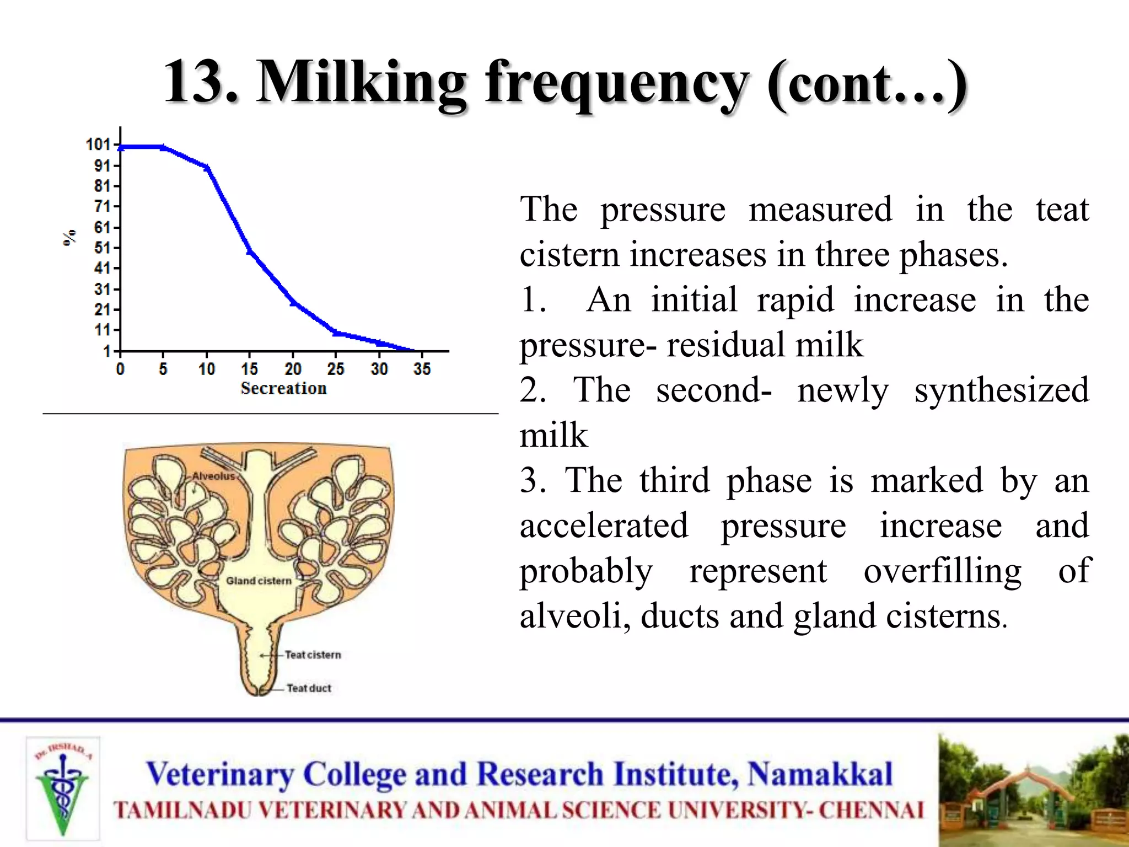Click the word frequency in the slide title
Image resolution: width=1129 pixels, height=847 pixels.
click(x=616, y=83)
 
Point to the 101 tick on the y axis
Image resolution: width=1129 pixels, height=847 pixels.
click(x=99, y=144)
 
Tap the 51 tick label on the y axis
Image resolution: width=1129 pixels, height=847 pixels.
click(x=102, y=248)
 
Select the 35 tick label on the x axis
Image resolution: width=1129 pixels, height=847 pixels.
click(x=422, y=369)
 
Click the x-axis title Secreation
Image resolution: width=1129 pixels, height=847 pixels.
click(x=283, y=388)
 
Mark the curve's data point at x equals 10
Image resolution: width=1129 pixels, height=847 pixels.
click(x=207, y=168)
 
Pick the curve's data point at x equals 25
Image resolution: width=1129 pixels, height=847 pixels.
click(x=336, y=333)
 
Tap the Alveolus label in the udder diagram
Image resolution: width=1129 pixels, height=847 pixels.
click(x=213, y=476)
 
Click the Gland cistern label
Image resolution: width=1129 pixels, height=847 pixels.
click(x=259, y=581)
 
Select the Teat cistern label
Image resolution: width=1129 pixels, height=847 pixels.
click(x=313, y=655)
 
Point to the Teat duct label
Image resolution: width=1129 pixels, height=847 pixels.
click(x=309, y=688)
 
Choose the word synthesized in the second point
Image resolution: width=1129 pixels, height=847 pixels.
click(x=1001, y=390)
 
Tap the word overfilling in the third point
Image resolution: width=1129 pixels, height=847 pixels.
click(x=942, y=571)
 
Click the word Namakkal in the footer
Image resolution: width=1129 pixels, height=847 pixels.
click(x=820, y=774)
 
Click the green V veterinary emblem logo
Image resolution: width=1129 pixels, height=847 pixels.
click(x=63, y=789)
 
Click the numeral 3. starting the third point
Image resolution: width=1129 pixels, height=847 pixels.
click(x=533, y=480)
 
